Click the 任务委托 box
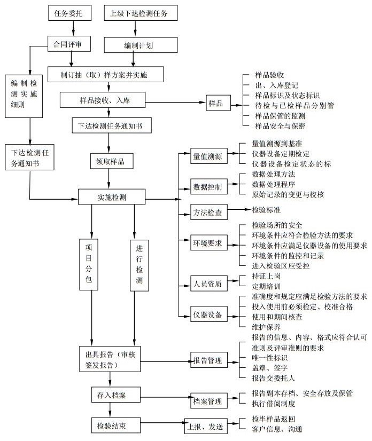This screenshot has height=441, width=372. coord(65,13)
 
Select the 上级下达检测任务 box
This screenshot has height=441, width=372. coord(140,13)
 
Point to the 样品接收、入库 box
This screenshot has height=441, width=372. coord(109,100)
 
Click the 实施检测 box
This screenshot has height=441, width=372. coord(112,196)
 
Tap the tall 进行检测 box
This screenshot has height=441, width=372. coord(139,263)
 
